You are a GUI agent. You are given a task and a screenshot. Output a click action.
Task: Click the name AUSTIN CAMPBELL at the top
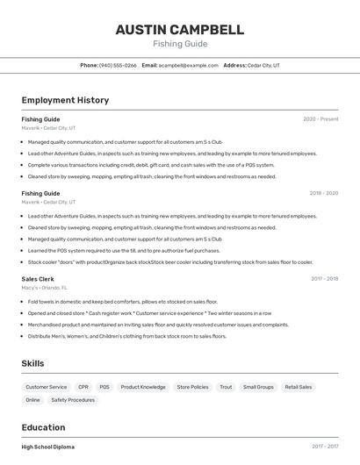tap(180, 30)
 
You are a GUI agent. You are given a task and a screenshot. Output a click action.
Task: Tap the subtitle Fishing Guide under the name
tap(180, 44)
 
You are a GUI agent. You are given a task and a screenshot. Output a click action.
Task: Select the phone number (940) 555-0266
tap(118, 65)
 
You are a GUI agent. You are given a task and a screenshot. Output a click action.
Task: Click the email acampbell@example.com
tap(188, 65)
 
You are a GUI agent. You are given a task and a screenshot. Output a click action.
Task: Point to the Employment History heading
tap(65, 100)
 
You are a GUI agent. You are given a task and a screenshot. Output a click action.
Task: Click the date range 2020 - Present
tap(320, 119)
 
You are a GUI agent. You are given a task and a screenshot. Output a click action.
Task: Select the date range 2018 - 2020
tap(323, 193)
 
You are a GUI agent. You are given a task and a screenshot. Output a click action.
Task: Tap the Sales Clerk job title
tap(38, 279)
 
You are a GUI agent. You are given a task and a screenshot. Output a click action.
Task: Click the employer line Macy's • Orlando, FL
tap(45, 288)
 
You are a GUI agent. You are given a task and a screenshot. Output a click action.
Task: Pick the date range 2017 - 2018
tap(324, 279)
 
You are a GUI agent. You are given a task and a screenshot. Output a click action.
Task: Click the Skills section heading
tap(32, 363)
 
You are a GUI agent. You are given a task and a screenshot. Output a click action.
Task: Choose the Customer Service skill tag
tap(46, 387)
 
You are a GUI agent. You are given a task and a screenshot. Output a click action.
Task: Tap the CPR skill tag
tap(83, 387)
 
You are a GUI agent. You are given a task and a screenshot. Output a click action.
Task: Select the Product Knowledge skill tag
tap(143, 387)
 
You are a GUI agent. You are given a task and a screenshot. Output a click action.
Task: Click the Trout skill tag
tap(226, 387)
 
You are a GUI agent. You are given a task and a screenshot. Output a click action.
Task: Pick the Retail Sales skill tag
tap(299, 387)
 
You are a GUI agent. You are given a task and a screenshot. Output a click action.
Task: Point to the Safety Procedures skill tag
tap(73, 400)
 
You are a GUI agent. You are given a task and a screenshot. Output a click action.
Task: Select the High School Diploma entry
tap(48, 447)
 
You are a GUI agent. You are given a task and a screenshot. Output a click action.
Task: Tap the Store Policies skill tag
tap(192, 387)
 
